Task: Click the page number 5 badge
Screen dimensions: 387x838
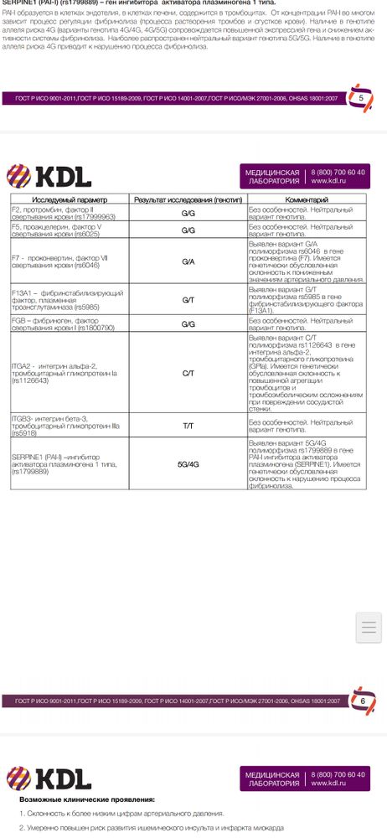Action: [361, 98]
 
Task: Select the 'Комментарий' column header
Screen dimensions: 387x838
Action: [307, 200]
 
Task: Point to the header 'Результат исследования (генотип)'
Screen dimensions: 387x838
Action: [188, 200]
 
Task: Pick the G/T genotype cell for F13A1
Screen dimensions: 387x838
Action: [188, 300]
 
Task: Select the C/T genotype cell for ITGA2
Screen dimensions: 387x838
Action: [188, 366]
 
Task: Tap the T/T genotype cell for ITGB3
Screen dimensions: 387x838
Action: [188, 426]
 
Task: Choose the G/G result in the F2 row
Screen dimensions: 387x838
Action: [188, 213]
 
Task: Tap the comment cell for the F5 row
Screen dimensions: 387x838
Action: [306, 230]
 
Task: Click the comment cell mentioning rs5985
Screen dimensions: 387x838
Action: [306, 300]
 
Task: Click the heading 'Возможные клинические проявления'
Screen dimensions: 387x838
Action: [87, 799]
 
